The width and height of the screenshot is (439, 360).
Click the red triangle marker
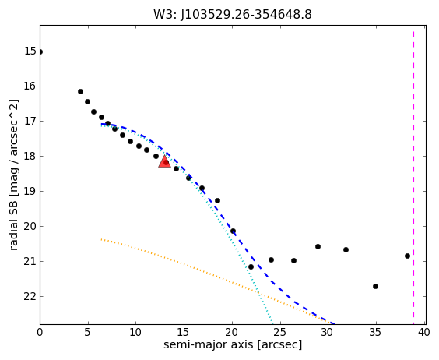[165, 162]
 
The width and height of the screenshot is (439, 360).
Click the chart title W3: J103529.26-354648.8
[233, 14]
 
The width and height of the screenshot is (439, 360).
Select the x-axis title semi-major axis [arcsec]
[233, 344]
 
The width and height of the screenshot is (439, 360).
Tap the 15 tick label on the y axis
[30, 51]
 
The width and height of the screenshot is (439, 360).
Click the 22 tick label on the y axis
[30, 296]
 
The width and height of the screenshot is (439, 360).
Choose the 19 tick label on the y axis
[30, 191]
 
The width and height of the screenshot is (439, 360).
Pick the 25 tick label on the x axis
[279, 332]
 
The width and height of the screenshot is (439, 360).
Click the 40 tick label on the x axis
[423, 332]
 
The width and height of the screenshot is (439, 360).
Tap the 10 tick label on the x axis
[135, 332]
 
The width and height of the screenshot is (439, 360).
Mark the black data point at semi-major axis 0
[40, 51]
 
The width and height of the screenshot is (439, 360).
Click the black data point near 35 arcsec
[375, 286]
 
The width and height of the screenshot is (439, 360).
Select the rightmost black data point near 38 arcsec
[407, 256]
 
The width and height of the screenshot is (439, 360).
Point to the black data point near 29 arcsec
[318, 247]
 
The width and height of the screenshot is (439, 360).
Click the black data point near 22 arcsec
[251, 267]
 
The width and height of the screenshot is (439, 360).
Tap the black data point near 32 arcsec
[346, 249]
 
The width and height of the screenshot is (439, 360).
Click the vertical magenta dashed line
[413, 175]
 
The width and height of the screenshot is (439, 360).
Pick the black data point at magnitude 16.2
[80, 91]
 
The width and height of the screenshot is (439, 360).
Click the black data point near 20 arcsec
[233, 231]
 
